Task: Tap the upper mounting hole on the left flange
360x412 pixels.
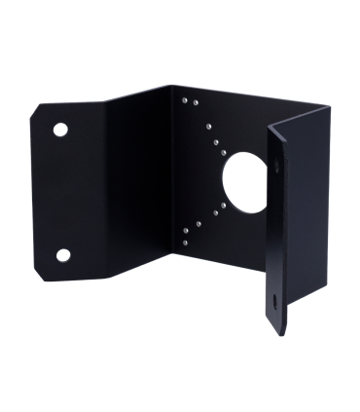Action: [x=61, y=129]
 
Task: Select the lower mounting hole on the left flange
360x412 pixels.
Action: [x=63, y=254]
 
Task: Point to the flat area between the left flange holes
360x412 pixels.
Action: [x=62, y=191]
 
